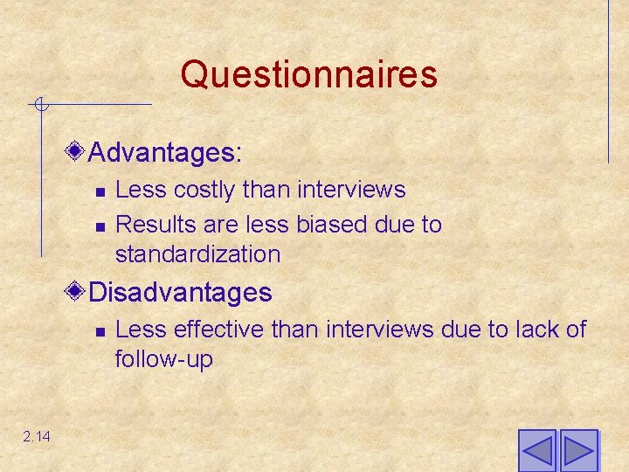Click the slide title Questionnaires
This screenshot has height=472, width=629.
click(308, 74)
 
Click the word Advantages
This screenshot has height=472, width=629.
click(164, 153)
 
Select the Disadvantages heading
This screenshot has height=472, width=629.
click(180, 291)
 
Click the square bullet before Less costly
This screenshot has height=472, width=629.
click(100, 191)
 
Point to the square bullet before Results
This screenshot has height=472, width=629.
click(100, 226)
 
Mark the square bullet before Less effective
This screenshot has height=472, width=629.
click(100, 331)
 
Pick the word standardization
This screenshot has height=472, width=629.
click(197, 254)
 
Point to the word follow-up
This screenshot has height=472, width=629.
click(163, 359)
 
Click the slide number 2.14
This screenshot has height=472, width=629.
click(37, 436)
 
